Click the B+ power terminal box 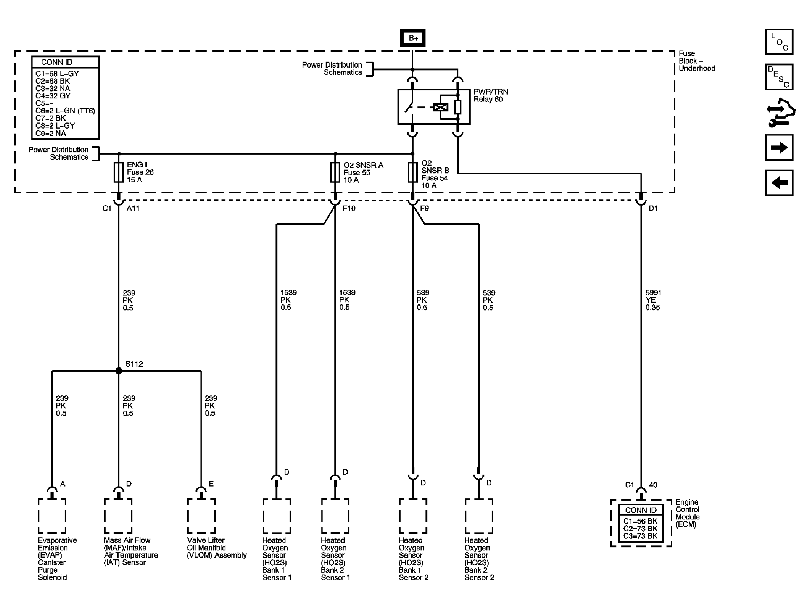412,38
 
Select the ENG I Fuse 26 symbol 119,172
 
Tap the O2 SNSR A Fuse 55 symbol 335,172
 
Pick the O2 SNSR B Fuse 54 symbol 412,172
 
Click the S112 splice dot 119,371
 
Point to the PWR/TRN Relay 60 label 491,96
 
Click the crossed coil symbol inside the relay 441,107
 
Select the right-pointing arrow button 779,148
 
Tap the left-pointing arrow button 779,183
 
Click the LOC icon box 779,42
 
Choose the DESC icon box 779,77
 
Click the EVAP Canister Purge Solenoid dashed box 52,516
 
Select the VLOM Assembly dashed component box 201,516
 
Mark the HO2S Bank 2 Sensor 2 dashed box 479,516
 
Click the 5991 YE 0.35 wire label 653,300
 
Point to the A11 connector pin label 133,209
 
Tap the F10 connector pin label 349,209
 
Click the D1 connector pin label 653,209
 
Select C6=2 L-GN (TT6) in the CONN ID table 65,111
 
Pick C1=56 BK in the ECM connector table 641,521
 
